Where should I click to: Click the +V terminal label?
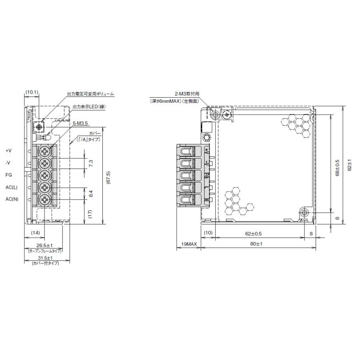(9, 151)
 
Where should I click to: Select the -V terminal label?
(8, 163)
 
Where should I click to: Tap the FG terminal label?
(8, 175)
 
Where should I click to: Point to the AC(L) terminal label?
(12, 187)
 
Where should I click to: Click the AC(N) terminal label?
(12, 199)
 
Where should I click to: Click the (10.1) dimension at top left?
(32, 92)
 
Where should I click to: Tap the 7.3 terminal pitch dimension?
(91, 163)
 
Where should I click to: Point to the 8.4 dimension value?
(91, 194)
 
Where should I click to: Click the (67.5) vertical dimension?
(108, 176)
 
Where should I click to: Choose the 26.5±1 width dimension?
(44, 245)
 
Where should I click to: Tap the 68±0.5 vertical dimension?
(337, 168)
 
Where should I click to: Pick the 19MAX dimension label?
(188, 244)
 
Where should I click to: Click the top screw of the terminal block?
(45, 151)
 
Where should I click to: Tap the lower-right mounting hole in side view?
(304, 212)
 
